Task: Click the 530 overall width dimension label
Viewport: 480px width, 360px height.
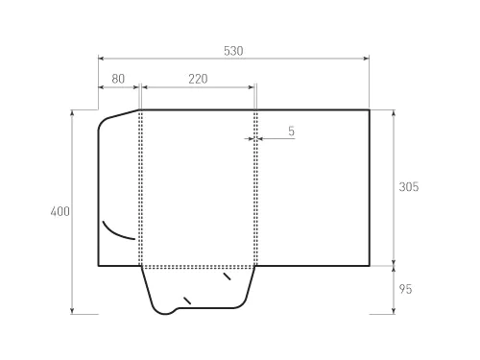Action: point(233,50)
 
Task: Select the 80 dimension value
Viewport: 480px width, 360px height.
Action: point(118,80)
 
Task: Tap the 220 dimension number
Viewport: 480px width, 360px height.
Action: point(198,80)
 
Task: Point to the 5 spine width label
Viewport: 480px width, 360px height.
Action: point(290,131)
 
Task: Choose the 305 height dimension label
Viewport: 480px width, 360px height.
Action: point(408,187)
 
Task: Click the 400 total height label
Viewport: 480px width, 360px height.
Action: point(60,212)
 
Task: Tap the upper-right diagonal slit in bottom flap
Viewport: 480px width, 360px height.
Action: point(227,276)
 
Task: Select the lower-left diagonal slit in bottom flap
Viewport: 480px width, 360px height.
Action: point(187,300)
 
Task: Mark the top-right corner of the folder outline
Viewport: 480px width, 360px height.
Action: point(370,110)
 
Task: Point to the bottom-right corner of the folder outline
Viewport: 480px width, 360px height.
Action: point(370,264)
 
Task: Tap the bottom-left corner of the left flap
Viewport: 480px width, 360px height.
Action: point(99,264)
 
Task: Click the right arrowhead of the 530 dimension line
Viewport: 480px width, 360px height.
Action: point(368,59)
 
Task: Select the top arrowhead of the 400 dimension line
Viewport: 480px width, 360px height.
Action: point(73,112)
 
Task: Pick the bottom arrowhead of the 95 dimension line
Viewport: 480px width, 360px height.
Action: point(395,311)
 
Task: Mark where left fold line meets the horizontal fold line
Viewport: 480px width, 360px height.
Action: point(141,264)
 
